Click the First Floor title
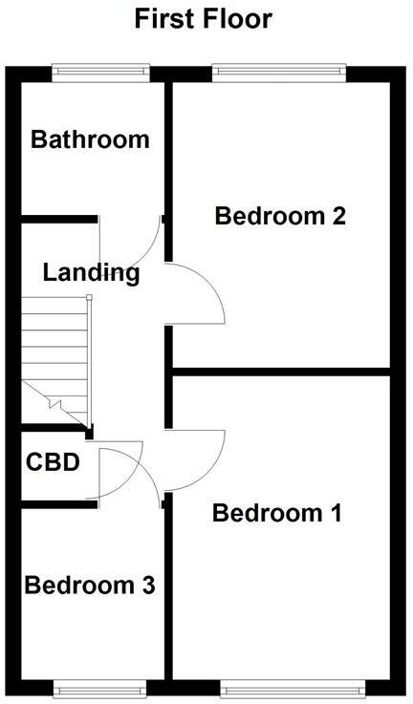[203, 19]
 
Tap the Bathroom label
[90, 139]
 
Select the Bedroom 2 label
[280, 216]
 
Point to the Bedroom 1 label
[277, 513]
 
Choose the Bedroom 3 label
[90, 586]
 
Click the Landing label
[91, 273]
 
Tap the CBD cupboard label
[53, 462]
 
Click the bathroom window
[100, 74]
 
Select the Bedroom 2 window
[279, 74]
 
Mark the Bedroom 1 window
[293, 689]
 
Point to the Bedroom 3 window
[99, 689]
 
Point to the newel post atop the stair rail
[89, 297]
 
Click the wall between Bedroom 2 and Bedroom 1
[281, 372]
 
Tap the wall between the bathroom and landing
[59, 219]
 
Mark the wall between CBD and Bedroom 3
[59, 504]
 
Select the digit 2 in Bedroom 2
[338, 216]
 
